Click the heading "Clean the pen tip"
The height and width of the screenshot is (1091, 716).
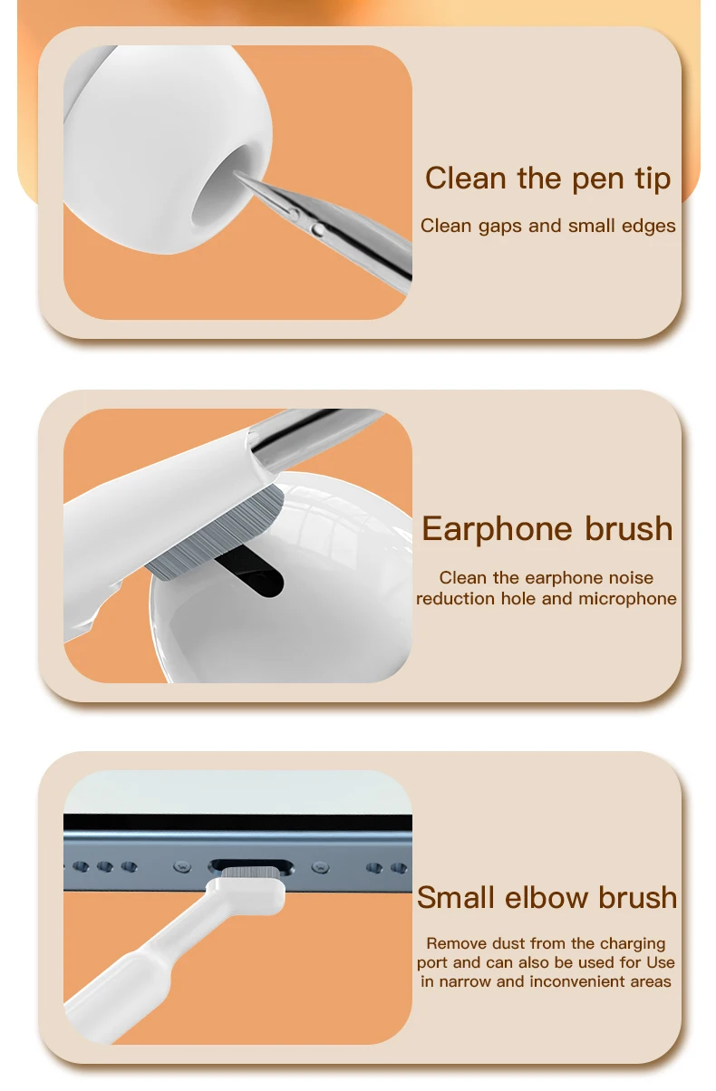[548, 179]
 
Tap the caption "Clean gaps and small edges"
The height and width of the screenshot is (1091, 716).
[548, 226]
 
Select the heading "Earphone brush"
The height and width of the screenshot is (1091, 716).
[547, 529]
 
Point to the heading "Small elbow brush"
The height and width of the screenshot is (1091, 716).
[547, 897]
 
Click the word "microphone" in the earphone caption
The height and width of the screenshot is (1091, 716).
[627, 599]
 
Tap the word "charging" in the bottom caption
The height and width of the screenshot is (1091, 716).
[633, 944]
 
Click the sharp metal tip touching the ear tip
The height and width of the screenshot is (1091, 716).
[237, 174]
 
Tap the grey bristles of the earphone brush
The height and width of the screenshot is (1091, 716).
[214, 534]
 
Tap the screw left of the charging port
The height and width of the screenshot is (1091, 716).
[182, 867]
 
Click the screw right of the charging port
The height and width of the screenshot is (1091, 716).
[320, 867]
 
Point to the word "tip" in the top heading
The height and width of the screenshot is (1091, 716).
[653, 179]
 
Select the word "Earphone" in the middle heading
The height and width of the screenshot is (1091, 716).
[497, 529]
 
